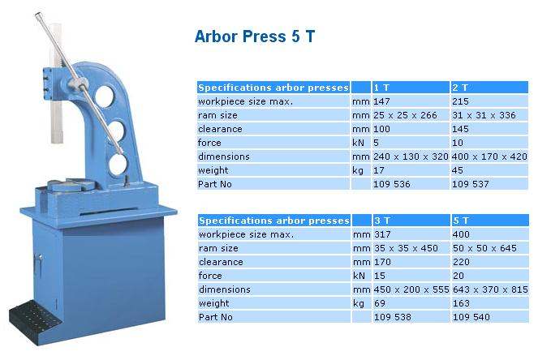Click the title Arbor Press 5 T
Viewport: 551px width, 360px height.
pyautogui.click(x=255, y=36)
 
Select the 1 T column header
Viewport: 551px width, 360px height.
pyautogui.click(x=381, y=88)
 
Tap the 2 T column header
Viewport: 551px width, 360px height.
pyautogui.click(x=460, y=88)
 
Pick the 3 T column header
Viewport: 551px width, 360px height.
pyautogui.click(x=382, y=221)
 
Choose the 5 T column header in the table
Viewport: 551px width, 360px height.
pyautogui.click(x=461, y=221)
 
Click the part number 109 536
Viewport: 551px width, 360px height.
pyautogui.click(x=392, y=184)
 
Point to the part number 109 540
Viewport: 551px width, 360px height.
pyautogui.click(x=471, y=317)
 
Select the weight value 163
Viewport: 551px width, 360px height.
pyautogui.click(x=461, y=303)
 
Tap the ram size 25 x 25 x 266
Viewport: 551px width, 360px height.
pyautogui.click(x=405, y=115)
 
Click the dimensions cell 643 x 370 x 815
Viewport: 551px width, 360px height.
pyautogui.click(x=490, y=289)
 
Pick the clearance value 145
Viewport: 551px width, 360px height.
pyautogui.click(x=460, y=129)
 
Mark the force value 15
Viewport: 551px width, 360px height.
pyautogui.click(x=380, y=276)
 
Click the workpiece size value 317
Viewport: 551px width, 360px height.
pyautogui.click(x=382, y=234)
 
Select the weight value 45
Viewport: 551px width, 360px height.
pyautogui.click(x=458, y=170)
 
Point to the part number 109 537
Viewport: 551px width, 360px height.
pyautogui.click(x=471, y=184)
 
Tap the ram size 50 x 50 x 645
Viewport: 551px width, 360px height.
pyautogui.click(x=484, y=248)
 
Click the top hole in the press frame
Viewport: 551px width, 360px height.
pyautogui.click(x=105, y=96)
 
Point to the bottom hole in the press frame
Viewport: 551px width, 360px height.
pyautogui.click(x=118, y=165)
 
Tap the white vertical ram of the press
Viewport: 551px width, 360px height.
pyautogui.click(x=57, y=84)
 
